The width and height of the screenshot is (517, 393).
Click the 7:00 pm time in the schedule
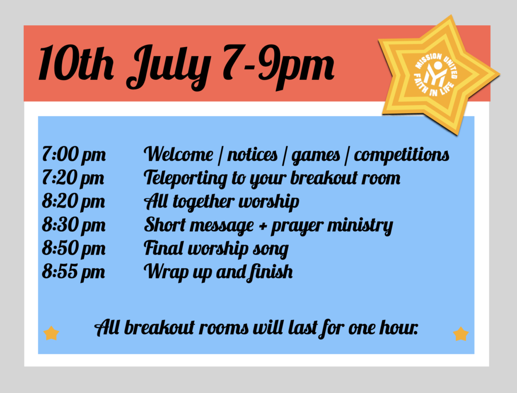74,154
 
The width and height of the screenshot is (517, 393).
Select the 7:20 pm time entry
73,178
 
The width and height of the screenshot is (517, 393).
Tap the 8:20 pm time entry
73,201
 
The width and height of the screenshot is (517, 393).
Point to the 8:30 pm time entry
74,225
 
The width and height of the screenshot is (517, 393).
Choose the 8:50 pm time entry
74,248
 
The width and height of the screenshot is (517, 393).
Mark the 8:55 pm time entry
73,272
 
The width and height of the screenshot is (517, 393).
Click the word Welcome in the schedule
179,154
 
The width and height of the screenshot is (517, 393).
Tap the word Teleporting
186,178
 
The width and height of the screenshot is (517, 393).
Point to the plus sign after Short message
263,226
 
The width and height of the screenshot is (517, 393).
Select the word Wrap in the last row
166,272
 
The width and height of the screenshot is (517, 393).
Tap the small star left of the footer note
51,333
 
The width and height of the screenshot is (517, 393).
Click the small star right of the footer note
461,333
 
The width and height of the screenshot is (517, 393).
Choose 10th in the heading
77,63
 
